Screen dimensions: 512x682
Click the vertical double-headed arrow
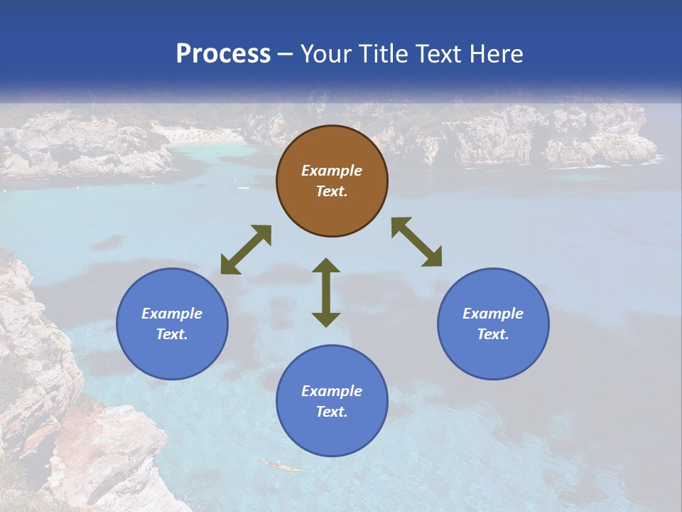(x=326, y=292)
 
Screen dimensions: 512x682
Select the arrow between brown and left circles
(x=246, y=250)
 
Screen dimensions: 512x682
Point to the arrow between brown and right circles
(x=416, y=242)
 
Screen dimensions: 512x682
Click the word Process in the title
(x=223, y=53)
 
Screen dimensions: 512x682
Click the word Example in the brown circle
(x=332, y=171)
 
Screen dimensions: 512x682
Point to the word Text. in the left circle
(x=172, y=334)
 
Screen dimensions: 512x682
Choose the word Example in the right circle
(x=493, y=314)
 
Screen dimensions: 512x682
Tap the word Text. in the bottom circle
(x=332, y=412)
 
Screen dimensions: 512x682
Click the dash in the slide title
(x=286, y=54)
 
